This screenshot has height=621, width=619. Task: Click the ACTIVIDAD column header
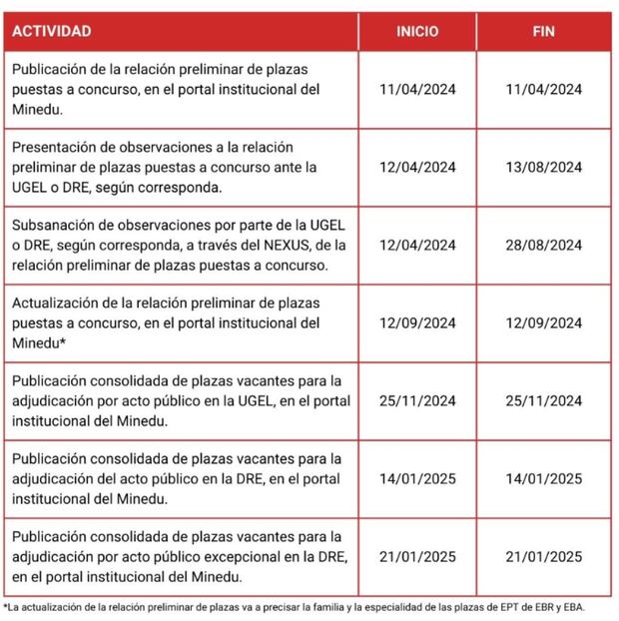tap(51, 31)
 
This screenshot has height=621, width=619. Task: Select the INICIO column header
tap(417, 31)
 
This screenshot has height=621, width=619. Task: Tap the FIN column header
tap(544, 31)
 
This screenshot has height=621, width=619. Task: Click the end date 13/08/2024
tap(544, 167)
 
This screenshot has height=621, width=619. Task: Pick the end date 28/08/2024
tap(544, 245)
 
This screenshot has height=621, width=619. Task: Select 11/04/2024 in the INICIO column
tap(417, 89)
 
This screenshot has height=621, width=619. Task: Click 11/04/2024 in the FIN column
tap(544, 89)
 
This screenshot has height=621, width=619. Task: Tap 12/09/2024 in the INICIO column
tap(417, 322)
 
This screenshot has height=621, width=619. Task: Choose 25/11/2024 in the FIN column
tap(544, 400)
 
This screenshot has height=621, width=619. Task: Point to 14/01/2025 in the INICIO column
tap(417, 478)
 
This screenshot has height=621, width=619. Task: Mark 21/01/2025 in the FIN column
tap(544, 556)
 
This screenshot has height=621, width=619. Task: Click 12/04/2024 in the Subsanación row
tap(417, 245)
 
